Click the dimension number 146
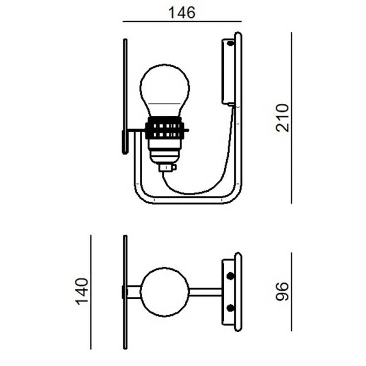click(x=182, y=12)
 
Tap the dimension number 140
click(x=81, y=291)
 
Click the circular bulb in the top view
click(x=164, y=292)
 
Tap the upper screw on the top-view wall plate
click(x=230, y=276)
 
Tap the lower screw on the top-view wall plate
click(x=230, y=307)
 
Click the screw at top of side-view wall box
click(x=230, y=44)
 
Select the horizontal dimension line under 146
click(x=182, y=22)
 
